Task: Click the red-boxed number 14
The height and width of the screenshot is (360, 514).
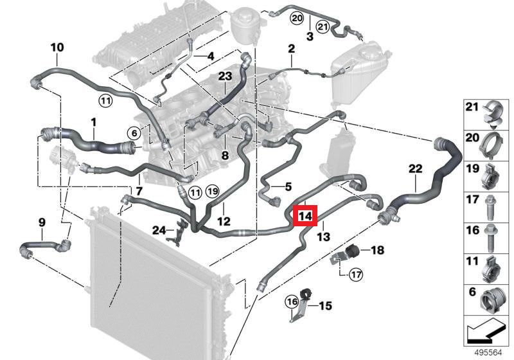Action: (x=305, y=216)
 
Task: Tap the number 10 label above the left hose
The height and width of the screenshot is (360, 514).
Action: (x=57, y=47)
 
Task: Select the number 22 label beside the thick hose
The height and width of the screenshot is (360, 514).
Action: (x=415, y=169)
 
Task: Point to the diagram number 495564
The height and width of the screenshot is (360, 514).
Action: (x=488, y=352)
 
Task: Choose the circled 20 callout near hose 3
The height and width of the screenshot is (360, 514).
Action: (x=297, y=19)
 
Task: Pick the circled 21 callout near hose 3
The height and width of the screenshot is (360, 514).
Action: (x=323, y=26)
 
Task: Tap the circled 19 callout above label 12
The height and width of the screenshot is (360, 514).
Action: (x=213, y=191)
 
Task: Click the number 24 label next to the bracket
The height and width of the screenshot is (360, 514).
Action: (x=159, y=231)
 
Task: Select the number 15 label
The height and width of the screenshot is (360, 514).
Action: (x=325, y=306)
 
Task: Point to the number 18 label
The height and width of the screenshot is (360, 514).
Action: (x=377, y=250)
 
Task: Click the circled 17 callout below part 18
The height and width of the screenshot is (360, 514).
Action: (x=356, y=274)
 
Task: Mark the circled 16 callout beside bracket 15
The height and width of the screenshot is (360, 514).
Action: (x=292, y=301)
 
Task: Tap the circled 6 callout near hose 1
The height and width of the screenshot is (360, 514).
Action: (x=134, y=133)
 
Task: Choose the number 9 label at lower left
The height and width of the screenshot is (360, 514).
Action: (x=42, y=222)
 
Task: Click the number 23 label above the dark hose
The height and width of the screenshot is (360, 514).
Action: (x=226, y=76)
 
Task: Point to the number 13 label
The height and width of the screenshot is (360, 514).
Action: (x=324, y=237)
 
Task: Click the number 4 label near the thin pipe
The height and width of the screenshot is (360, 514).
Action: (x=211, y=56)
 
